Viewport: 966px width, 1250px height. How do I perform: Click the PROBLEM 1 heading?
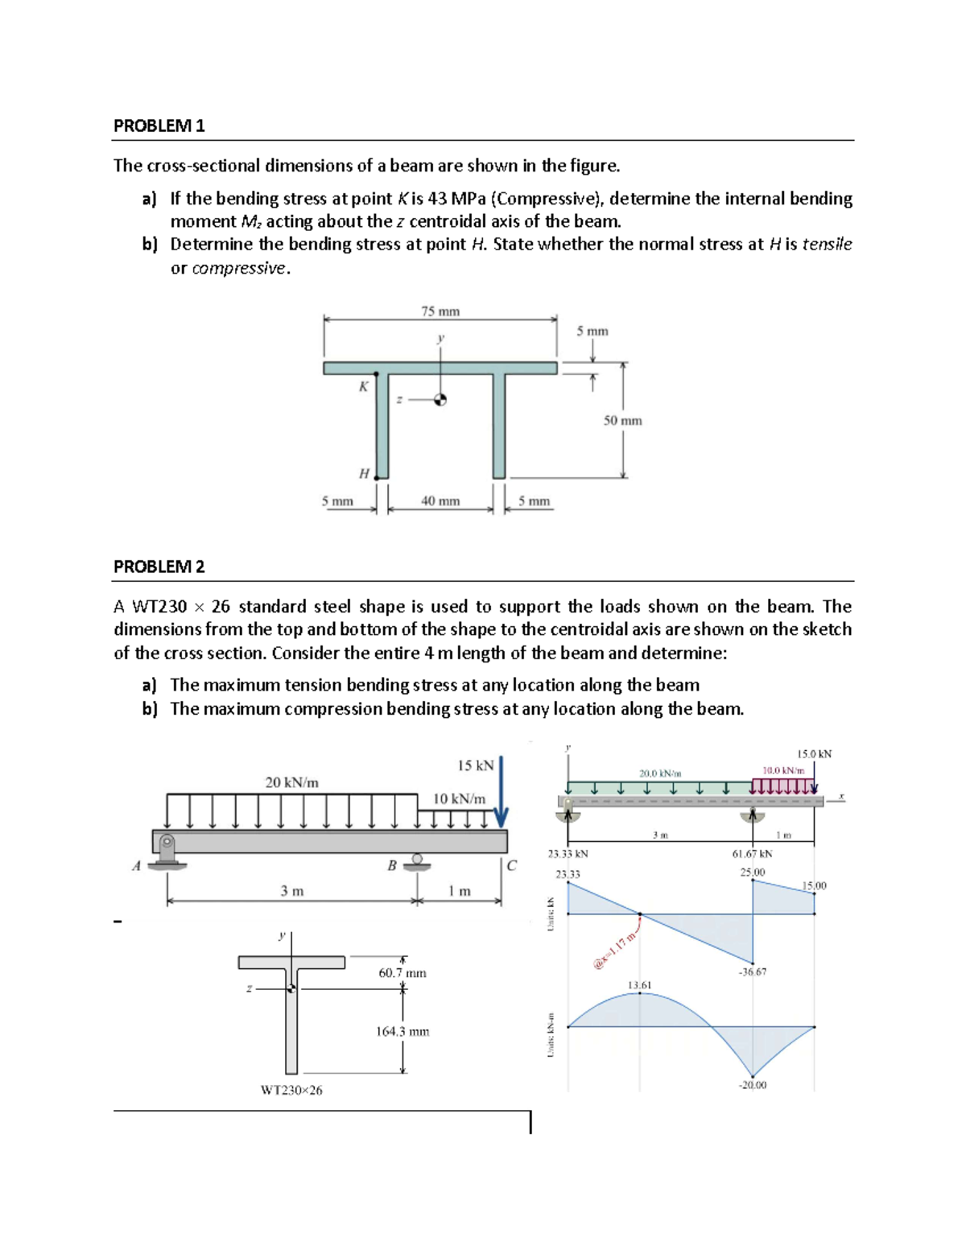[x=159, y=126]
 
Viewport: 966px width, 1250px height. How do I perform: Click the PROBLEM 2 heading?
[x=159, y=567]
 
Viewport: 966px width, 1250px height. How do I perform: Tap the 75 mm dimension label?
[x=440, y=311]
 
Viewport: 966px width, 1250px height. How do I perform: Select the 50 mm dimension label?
[x=622, y=421]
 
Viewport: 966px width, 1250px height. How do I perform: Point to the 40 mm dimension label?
[x=440, y=501]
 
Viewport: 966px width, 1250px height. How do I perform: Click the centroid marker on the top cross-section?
[x=440, y=400]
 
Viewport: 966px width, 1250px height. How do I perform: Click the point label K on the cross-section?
[x=363, y=386]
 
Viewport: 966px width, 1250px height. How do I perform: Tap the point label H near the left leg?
[x=364, y=474]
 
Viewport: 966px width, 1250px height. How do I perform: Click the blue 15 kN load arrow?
[x=502, y=793]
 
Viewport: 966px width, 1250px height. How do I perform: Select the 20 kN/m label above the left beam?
[x=291, y=782]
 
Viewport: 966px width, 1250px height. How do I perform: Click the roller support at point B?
[x=417, y=861]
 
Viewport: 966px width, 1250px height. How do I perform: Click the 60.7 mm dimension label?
[x=402, y=973]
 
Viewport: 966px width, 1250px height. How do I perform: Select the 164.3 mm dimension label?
[x=402, y=1032]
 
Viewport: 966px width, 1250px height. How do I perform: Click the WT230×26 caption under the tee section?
[x=291, y=1091]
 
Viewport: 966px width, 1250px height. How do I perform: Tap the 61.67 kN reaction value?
[x=752, y=854]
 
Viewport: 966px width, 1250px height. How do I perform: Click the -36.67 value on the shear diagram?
[x=753, y=972]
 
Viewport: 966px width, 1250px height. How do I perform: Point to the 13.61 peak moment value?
[x=640, y=985]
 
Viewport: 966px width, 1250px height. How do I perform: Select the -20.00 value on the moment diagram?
[x=753, y=1085]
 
